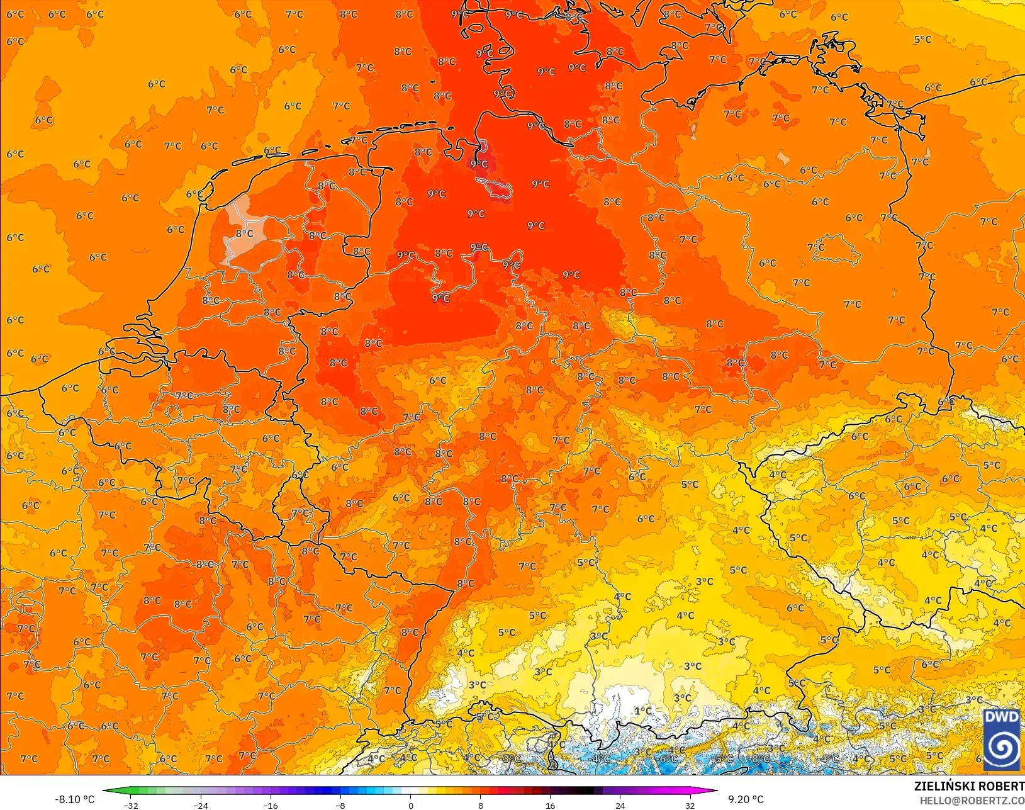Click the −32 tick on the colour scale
pos(131,805)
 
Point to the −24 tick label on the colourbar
pos(201,805)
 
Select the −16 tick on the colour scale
pos(271,805)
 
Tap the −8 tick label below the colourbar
pos(340,805)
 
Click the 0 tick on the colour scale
pos(411,805)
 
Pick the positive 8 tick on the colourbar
pos(481,805)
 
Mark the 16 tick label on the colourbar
pos(551,805)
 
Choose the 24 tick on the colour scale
pos(620,805)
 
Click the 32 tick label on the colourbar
pos(690,805)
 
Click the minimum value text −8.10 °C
pos(75,799)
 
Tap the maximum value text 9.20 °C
pos(746,799)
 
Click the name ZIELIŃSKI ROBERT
pos(969,786)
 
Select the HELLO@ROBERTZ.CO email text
pos(972,801)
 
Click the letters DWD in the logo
pos(1001,717)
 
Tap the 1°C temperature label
pos(643,711)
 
